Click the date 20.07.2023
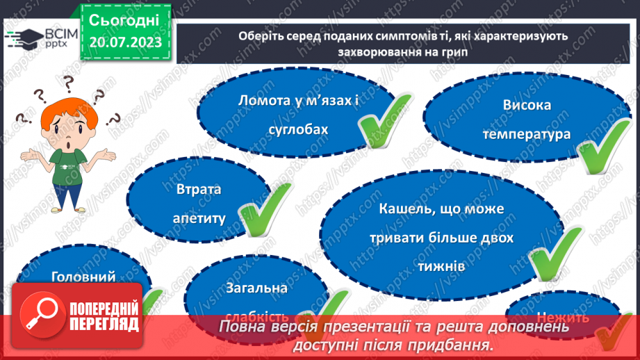point(124,42)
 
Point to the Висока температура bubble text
point(526,119)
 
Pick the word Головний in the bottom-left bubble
point(83,276)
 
